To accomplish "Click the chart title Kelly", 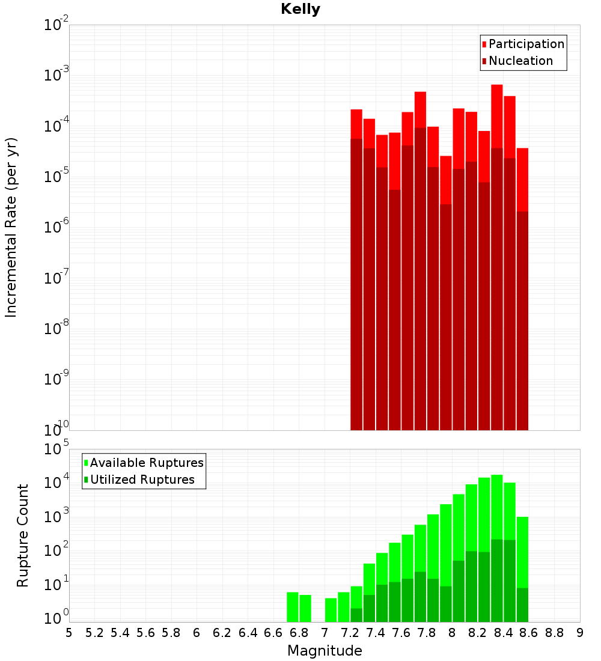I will click(300, 10).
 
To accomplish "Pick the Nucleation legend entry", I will click(520, 61).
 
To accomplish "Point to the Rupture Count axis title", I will click(23, 535).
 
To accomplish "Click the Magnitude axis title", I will click(325, 651).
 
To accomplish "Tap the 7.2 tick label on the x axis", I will click(350, 633).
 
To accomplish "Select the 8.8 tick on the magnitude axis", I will click(555, 633).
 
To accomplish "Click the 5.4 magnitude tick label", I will click(120, 633).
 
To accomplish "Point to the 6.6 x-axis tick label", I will click(273, 633).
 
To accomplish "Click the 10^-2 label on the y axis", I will click(55, 26).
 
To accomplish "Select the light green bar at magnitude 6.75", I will click(293, 607).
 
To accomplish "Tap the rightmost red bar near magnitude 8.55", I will click(522, 180).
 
